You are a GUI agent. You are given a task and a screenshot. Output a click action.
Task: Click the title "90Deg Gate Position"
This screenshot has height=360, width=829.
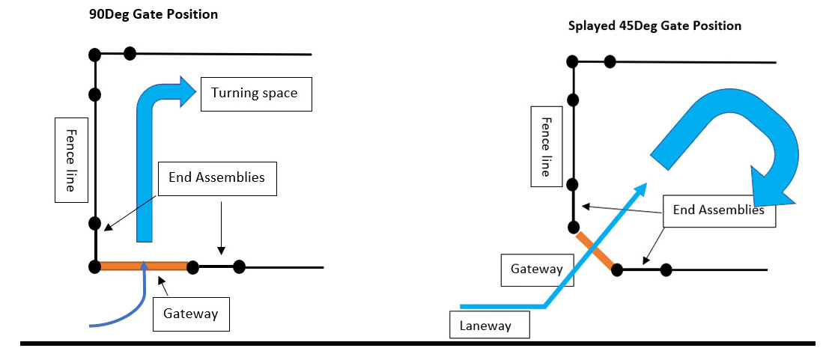153,15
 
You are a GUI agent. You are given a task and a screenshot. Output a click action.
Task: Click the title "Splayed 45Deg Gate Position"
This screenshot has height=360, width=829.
655,26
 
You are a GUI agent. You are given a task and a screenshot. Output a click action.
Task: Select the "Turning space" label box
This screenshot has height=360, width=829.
255,94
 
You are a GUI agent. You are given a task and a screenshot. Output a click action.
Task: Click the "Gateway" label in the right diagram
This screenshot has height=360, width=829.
535,269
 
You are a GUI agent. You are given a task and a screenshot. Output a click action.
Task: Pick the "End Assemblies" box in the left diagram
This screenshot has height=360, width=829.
217,178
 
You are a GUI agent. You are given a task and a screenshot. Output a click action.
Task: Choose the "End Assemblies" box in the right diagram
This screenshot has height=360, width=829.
718,210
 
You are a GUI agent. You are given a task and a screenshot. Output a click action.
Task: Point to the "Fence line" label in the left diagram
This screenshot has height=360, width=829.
69,159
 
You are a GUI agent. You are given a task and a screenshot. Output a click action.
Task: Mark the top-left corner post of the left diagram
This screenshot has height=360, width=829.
94,54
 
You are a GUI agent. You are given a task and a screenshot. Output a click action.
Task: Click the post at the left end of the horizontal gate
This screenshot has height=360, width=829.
94,266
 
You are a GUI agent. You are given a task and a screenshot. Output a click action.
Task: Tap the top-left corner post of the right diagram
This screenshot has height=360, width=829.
571,61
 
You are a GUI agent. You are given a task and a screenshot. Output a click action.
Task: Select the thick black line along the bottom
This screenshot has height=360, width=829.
417,344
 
